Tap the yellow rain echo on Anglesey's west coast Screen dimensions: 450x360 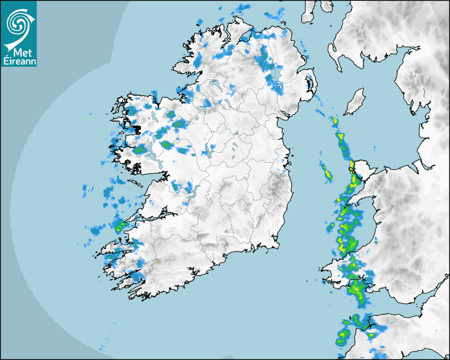coord(352,166)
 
